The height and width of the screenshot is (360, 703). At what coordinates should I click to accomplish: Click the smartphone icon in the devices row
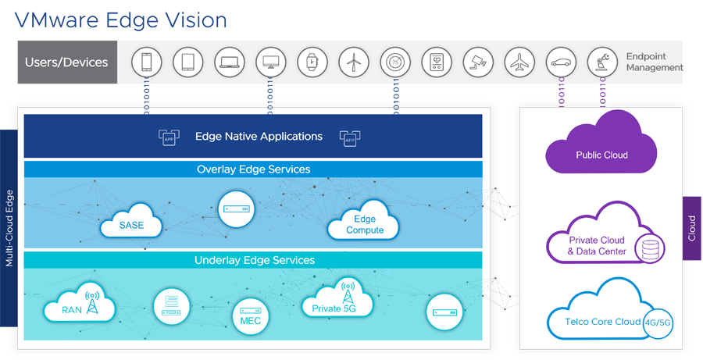click(x=147, y=62)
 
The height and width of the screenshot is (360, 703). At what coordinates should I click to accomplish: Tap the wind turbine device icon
click(x=353, y=62)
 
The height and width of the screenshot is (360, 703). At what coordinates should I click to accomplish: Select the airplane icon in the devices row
click(x=519, y=62)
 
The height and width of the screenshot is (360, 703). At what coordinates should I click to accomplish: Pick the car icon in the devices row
click(x=560, y=62)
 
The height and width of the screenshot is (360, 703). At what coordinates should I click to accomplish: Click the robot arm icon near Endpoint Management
click(x=601, y=62)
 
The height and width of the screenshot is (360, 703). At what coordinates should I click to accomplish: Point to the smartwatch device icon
click(x=312, y=62)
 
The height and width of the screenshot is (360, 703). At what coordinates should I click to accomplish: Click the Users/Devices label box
click(x=67, y=62)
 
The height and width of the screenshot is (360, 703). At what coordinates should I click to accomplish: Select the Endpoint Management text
click(x=654, y=62)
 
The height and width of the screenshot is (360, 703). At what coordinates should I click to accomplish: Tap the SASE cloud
click(x=132, y=225)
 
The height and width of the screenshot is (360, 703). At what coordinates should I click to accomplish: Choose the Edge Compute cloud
click(x=364, y=225)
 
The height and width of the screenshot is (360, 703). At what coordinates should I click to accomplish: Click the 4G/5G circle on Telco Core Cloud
click(x=655, y=321)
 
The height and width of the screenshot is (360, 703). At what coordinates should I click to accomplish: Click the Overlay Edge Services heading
click(x=253, y=169)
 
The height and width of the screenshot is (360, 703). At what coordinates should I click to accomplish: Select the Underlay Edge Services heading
click(x=254, y=260)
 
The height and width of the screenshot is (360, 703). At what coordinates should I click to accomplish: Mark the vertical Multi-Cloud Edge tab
click(x=9, y=227)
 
